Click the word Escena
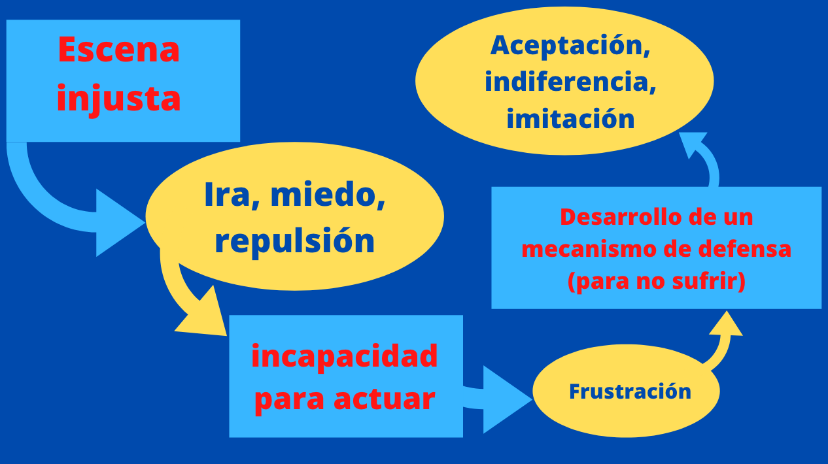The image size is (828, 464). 118,50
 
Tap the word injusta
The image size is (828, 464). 118,99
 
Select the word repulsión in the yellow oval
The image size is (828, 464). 294,242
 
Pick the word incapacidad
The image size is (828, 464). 345,356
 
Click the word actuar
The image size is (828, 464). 385,399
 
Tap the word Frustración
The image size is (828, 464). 630,391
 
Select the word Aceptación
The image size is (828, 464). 570,46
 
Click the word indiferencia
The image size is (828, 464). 570,82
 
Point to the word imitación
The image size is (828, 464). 570,118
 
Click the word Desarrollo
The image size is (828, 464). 621,217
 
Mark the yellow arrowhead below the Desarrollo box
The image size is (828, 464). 726,324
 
